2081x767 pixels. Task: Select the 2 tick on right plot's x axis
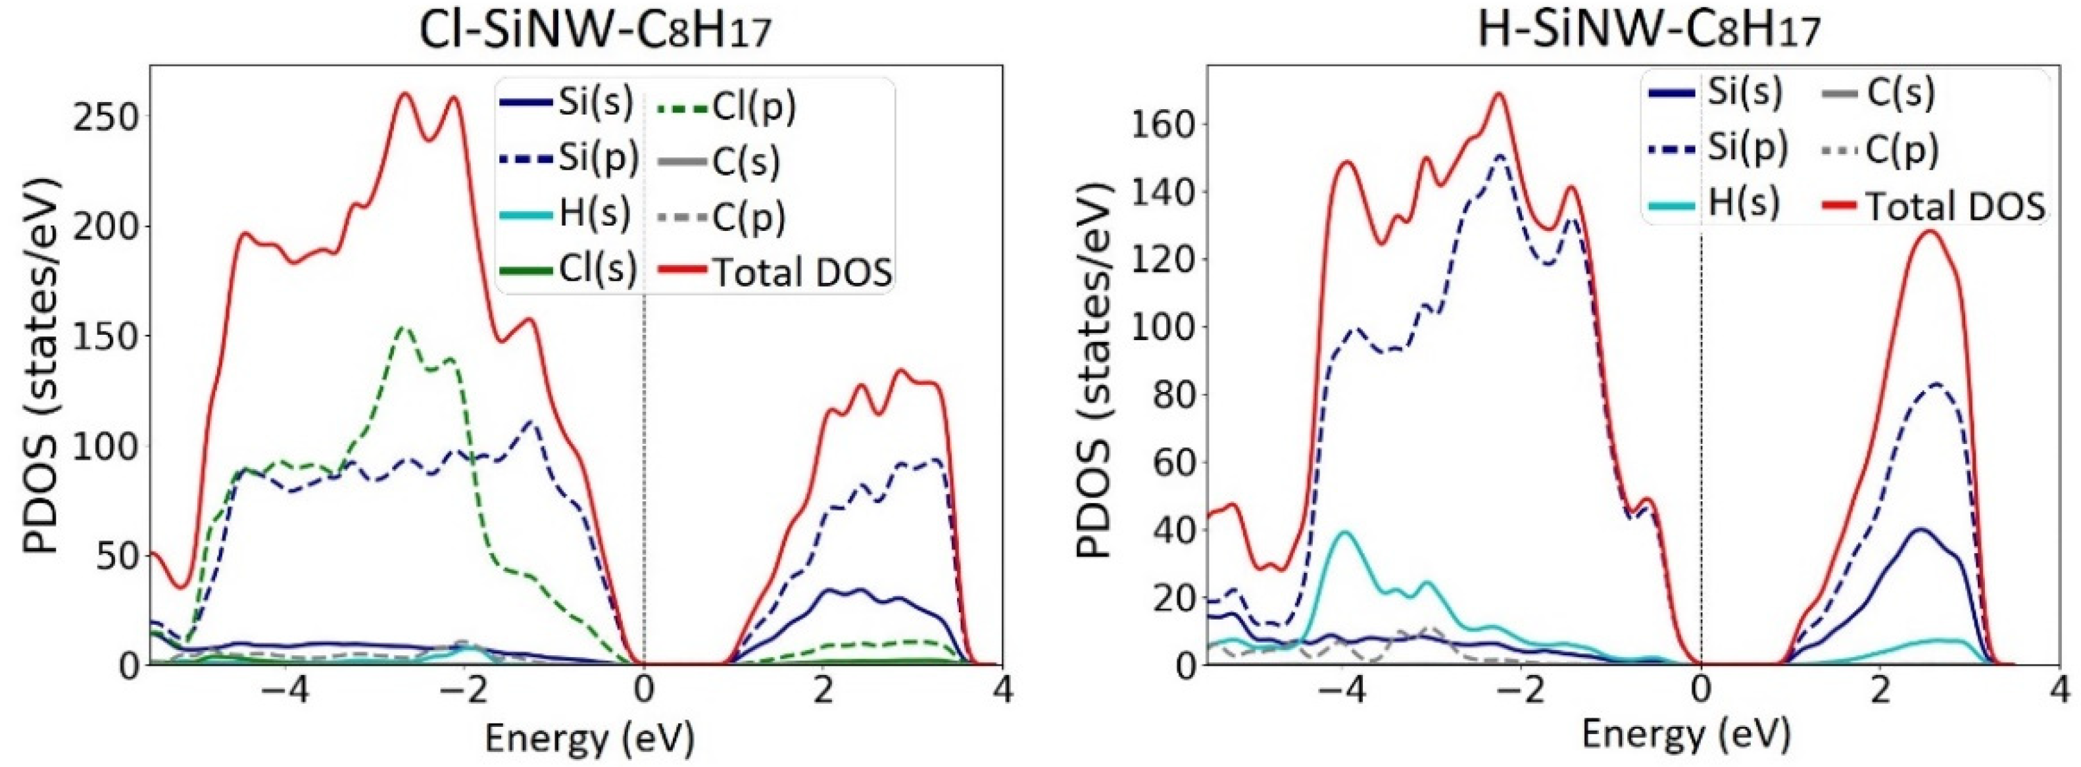(x=1880, y=693)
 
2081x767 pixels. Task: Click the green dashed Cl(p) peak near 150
(x=404, y=328)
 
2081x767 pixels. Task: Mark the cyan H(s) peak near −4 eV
(x=1344, y=532)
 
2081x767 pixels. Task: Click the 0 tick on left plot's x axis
(x=644, y=693)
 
